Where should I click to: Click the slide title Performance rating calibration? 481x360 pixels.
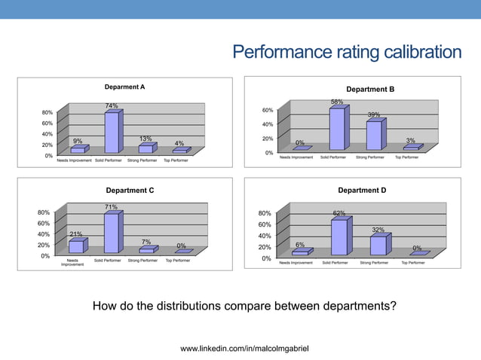[x=346, y=52]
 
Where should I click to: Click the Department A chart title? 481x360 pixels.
[x=125, y=87]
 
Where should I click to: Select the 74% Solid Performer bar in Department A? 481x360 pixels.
[x=111, y=132]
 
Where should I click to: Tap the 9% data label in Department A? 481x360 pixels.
[x=78, y=141]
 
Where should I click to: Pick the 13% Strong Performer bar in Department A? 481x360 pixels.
[x=146, y=149]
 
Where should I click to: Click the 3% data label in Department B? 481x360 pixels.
[x=411, y=141]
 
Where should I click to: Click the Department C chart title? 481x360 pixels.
[x=130, y=191]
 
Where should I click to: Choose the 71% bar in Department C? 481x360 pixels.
[x=111, y=233]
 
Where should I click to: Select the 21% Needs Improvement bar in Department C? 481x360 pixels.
[x=75, y=246]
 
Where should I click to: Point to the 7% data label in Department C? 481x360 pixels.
[x=146, y=242]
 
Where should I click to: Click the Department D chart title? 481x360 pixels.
[x=362, y=191]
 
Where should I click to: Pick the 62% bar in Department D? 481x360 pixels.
[x=339, y=236]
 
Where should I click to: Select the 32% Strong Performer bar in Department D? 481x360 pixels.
[x=378, y=246]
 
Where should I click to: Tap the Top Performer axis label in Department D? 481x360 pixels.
[x=413, y=263]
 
